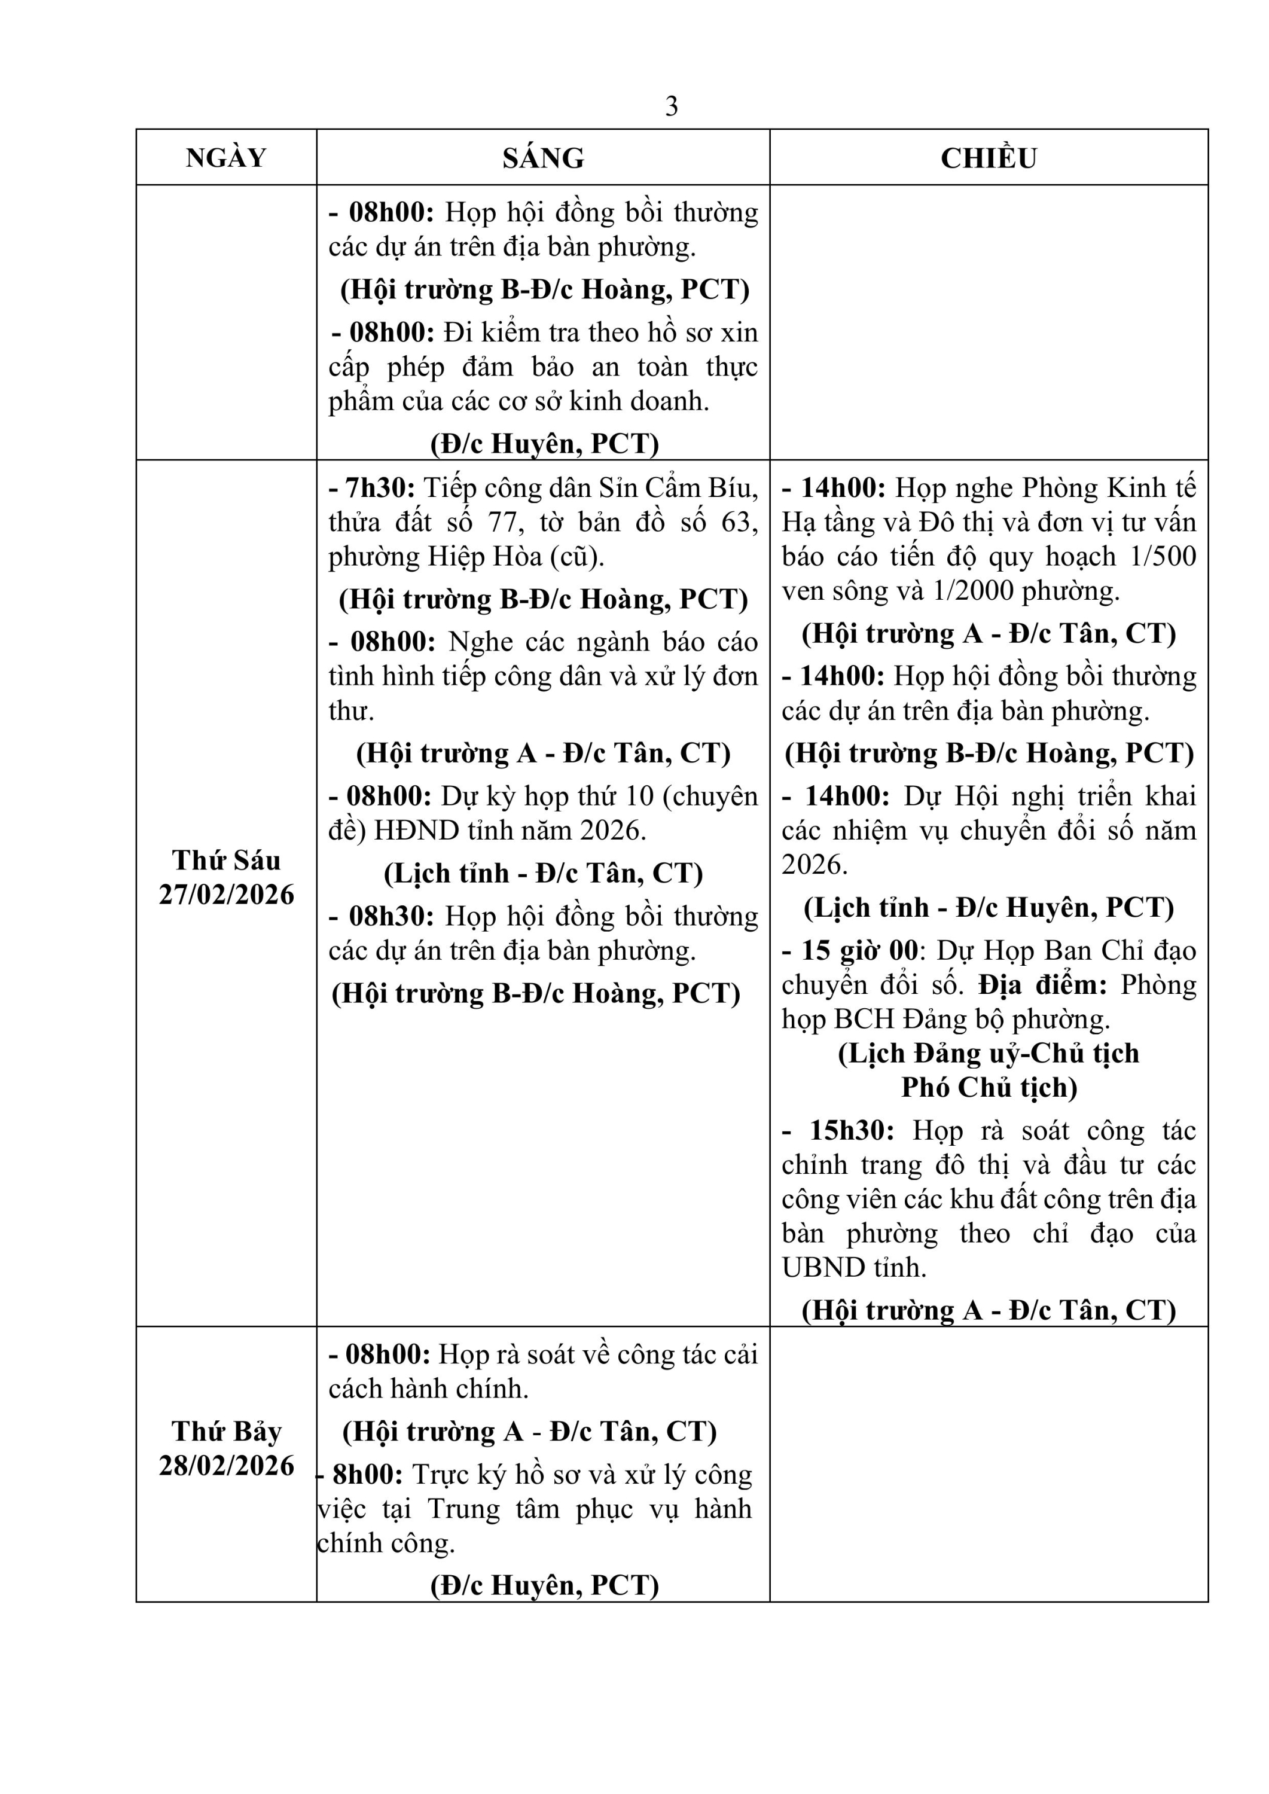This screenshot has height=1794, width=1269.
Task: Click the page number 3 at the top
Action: point(671,106)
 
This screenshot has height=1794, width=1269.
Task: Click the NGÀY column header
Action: point(226,158)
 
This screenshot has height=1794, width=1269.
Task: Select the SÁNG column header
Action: point(543,158)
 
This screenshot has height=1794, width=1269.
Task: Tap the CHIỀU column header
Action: point(989,158)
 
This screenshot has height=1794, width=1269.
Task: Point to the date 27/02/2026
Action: point(227,895)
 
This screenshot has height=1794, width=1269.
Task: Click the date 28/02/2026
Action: point(227,1465)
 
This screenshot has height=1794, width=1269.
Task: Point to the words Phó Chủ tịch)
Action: point(989,1088)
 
